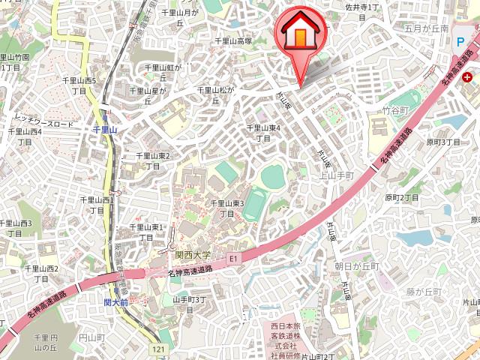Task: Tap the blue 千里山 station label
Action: coord(105,130)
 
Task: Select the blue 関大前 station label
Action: coord(116,302)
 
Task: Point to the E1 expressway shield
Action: coord(233,259)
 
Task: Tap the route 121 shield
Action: coord(157,349)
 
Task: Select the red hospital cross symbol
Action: coord(467,77)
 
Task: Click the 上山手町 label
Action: coord(336,175)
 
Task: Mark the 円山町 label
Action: coord(94,339)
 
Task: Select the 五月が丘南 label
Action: coord(425,28)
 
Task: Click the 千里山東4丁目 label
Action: coord(263,133)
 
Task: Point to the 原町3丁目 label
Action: coord(442,141)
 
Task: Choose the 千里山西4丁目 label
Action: coord(25,136)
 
